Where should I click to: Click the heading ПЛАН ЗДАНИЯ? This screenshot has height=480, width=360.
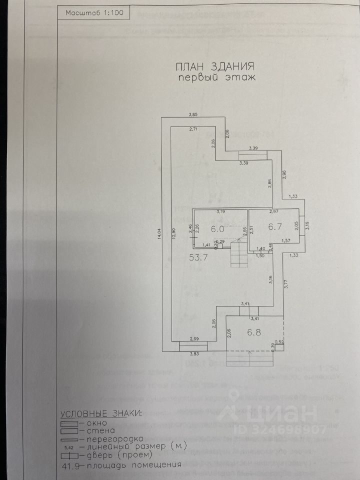coord(215,66)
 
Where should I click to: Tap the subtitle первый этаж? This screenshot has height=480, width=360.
coord(217,77)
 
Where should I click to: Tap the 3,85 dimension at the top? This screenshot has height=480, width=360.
coord(193,115)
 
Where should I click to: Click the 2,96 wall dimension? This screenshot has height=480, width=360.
coord(284,174)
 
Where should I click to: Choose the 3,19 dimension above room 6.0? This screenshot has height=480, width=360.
coord(220,212)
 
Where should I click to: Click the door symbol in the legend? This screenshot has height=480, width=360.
coord(71,455)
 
